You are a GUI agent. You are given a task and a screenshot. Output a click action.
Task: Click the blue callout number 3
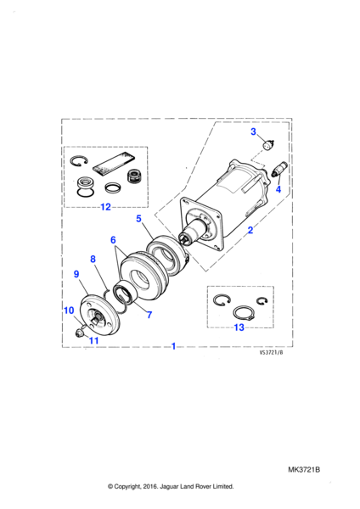click(253, 131)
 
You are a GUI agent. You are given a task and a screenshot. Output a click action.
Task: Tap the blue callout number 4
click(278, 189)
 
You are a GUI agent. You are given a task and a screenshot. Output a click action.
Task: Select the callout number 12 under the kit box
click(105, 207)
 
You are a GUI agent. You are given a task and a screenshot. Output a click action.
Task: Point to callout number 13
click(239, 327)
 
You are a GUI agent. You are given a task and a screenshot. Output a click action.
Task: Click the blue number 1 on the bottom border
click(173, 346)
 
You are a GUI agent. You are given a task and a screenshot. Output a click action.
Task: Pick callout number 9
click(76, 274)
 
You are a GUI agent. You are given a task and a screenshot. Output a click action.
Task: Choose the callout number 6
click(113, 240)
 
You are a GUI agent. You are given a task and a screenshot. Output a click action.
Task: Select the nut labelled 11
click(79, 333)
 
